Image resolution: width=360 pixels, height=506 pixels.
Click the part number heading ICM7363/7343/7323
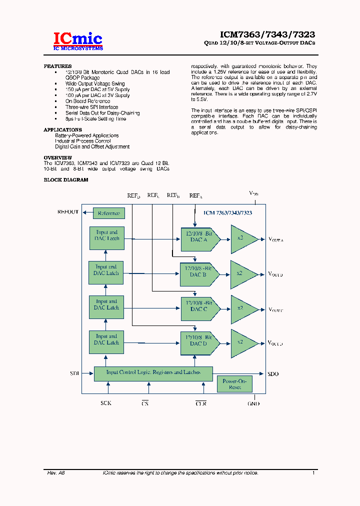(x=267, y=34)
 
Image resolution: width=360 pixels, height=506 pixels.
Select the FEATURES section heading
(x=57, y=66)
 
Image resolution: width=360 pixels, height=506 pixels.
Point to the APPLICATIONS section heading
(x=62, y=130)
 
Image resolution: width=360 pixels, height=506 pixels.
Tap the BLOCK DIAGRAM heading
(x=66, y=179)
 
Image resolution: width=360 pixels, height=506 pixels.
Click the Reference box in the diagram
(x=109, y=213)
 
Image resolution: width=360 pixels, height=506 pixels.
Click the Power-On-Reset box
(x=234, y=384)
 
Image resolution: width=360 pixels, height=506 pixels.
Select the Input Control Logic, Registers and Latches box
(x=153, y=373)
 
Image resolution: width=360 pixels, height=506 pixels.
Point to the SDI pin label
(x=74, y=373)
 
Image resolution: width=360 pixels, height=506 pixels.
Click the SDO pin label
(x=273, y=374)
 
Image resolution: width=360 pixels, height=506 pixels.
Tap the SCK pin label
(x=106, y=403)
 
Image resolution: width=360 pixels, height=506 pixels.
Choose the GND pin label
(x=254, y=403)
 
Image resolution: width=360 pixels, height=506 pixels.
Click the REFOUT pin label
(x=68, y=212)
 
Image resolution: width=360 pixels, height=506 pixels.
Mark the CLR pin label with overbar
(x=201, y=403)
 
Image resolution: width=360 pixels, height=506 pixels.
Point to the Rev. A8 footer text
(x=56, y=472)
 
